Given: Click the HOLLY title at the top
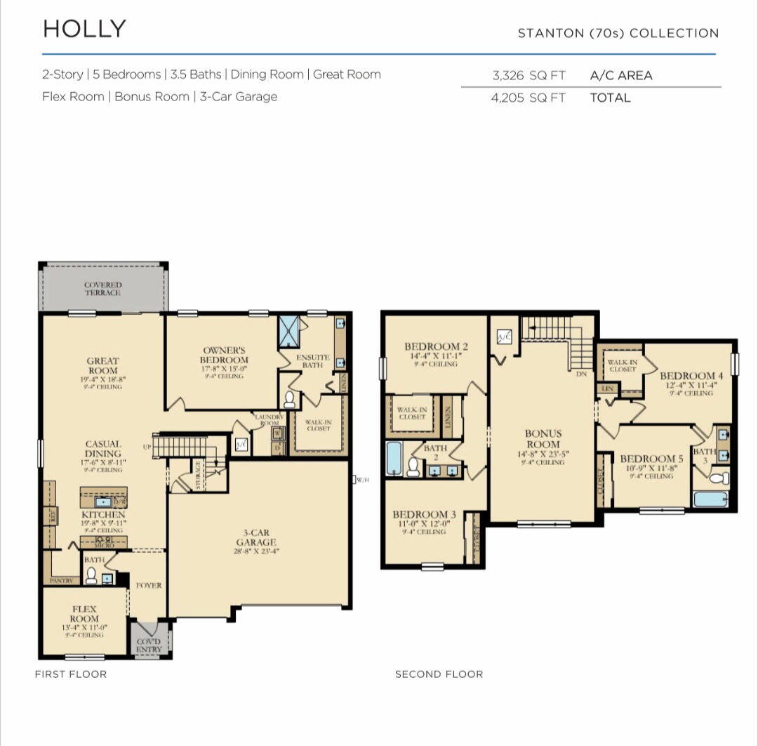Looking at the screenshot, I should (x=84, y=29).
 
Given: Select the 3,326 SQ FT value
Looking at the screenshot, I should (x=528, y=76).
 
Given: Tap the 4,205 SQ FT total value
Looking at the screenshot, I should (x=528, y=98).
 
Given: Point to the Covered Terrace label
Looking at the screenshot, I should (x=103, y=289).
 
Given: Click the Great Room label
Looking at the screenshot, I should (x=102, y=366).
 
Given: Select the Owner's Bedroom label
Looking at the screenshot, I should (x=225, y=355).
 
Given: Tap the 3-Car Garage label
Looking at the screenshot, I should (x=255, y=537).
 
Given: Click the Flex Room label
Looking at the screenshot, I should (x=84, y=614).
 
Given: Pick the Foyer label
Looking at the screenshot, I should (x=149, y=585).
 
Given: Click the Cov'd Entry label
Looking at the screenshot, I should (x=149, y=645).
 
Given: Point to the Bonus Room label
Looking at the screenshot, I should (x=543, y=439).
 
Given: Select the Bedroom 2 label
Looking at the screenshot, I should (x=436, y=346).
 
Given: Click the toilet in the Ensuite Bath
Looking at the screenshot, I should (x=289, y=400).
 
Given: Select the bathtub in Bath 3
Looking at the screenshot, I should (x=710, y=499).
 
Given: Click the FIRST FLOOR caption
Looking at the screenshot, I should (x=71, y=674).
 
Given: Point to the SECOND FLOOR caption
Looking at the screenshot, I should (x=439, y=674).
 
